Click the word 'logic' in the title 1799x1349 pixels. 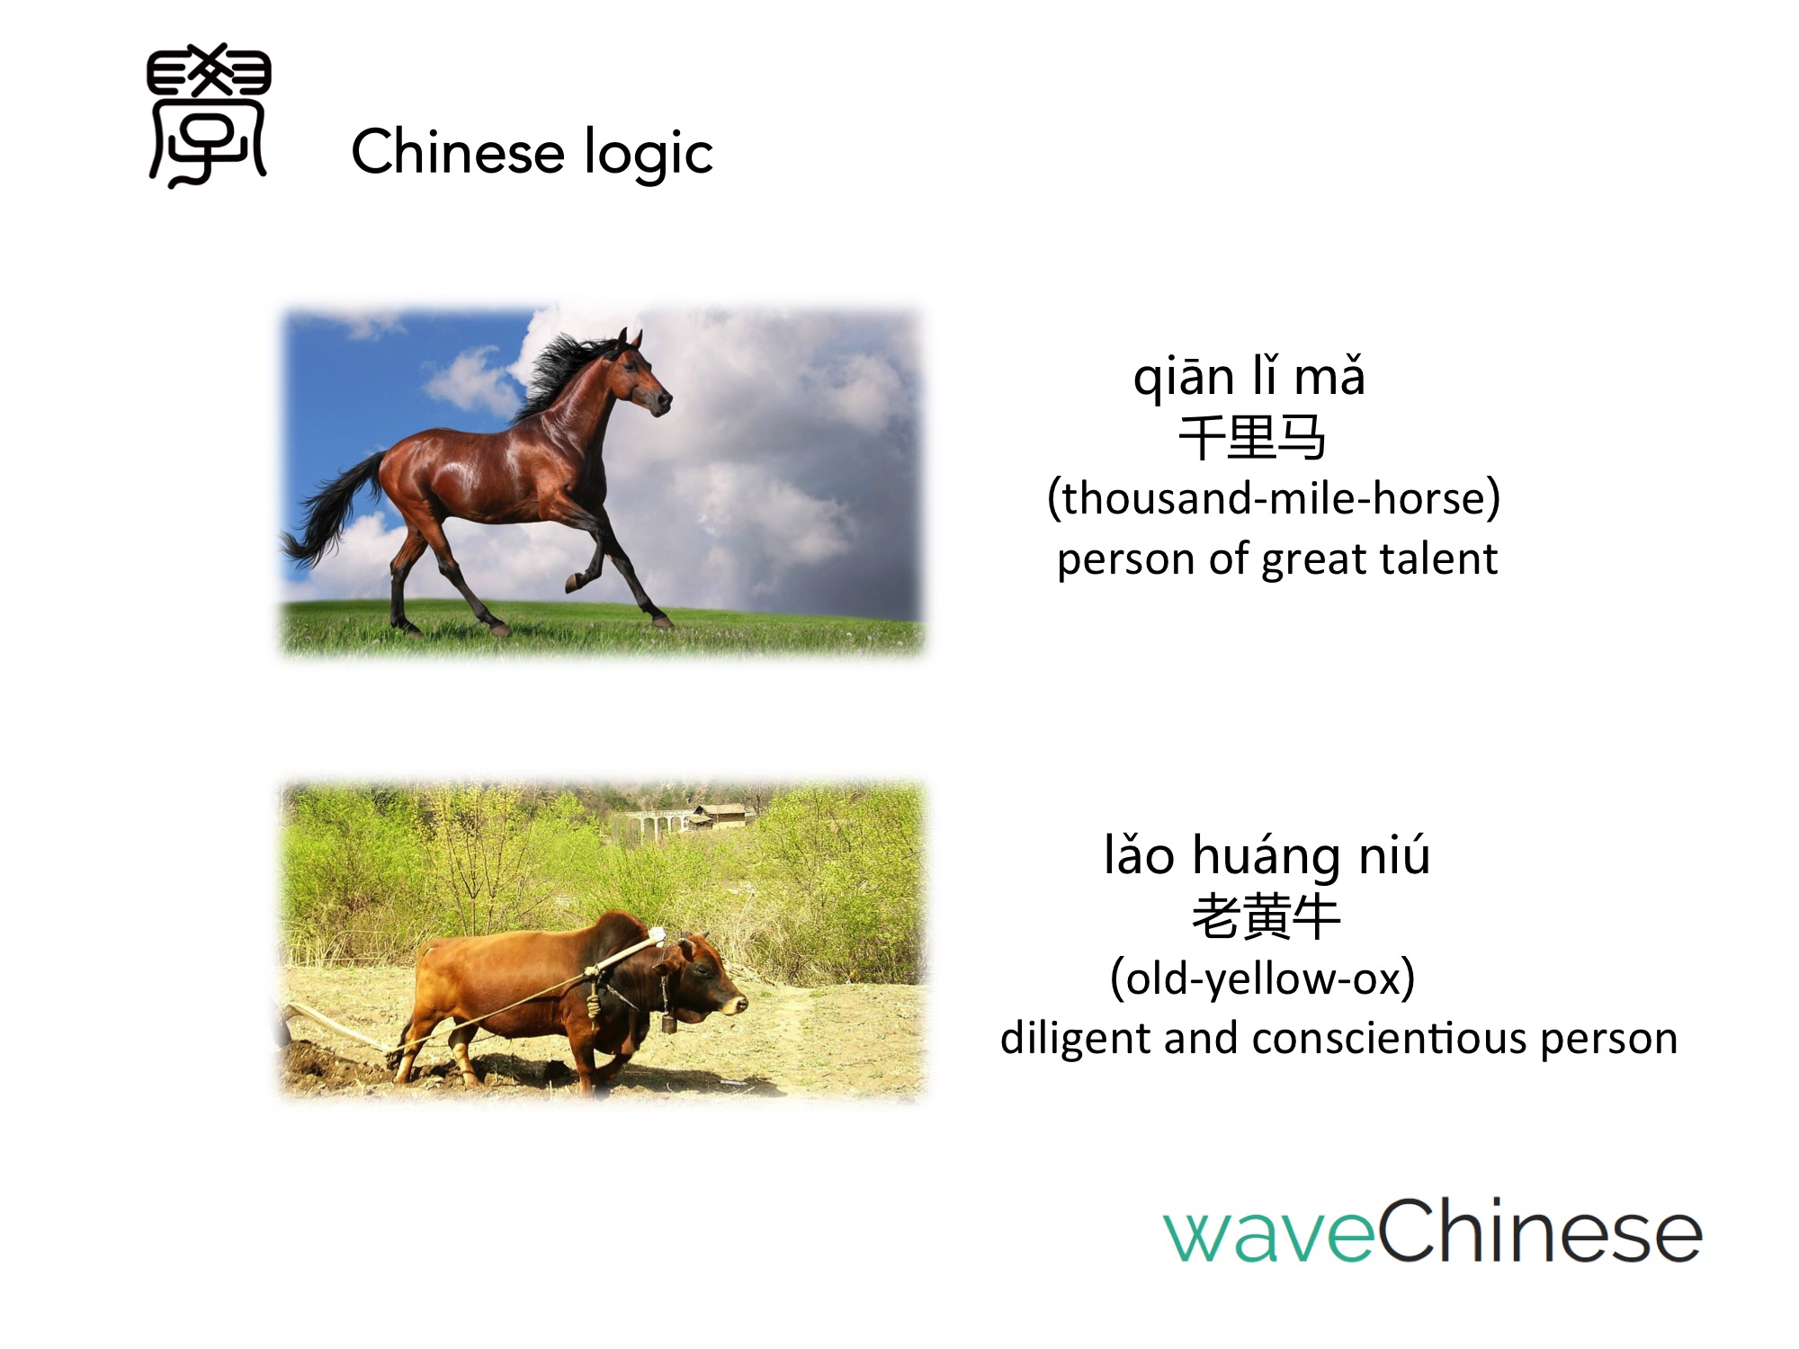click(x=649, y=153)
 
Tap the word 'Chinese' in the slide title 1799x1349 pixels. click(x=458, y=150)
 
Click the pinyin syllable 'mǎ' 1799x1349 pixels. click(x=1329, y=376)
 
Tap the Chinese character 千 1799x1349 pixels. click(x=1202, y=438)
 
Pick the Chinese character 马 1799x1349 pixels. click(x=1302, y=438)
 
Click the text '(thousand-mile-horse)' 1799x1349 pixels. click(x=1274, y=498)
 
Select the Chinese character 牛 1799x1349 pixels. click(x=1316, y=917)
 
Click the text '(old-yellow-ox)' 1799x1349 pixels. click(x=1263, y=978)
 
